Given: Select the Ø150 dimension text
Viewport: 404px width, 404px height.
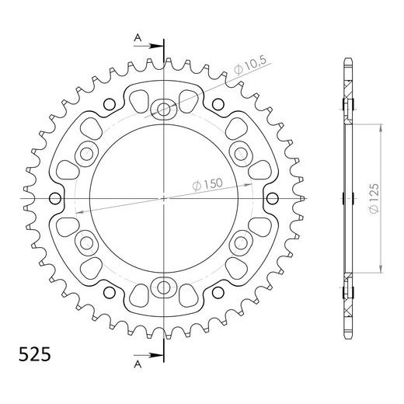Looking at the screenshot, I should point(207,186).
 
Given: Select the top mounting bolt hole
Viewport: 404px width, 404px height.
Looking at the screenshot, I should point(165,109).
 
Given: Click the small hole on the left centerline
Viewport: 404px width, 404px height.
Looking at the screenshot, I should point(54,199).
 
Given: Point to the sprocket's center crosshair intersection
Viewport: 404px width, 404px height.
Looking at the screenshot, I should point(165,199).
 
